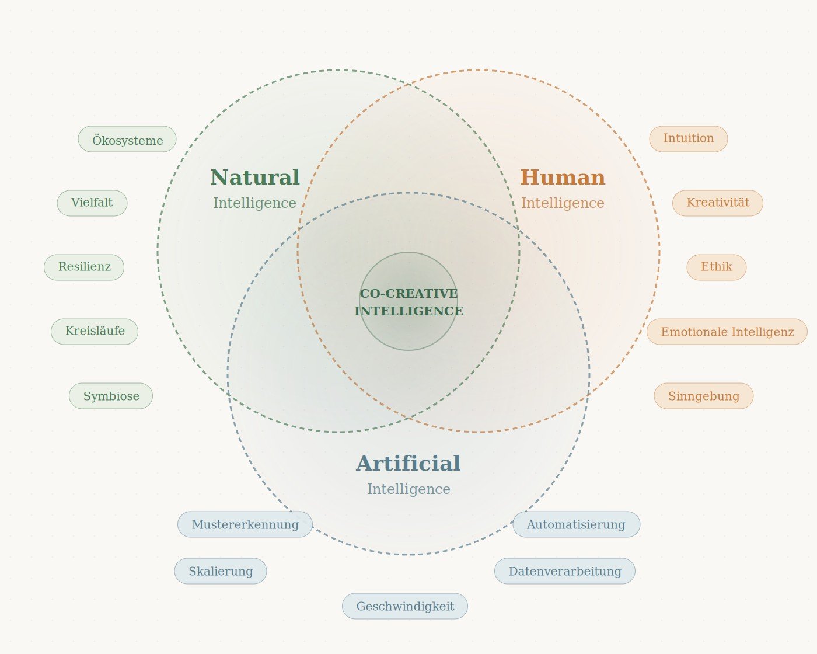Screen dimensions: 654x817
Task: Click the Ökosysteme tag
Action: tap(127, 140)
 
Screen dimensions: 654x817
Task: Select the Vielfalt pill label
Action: tap(92, 203)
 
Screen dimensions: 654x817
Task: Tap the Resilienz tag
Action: tap(84, 267)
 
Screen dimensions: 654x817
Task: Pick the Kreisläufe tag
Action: tap(95, 332)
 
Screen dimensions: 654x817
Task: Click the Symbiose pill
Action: tap(111, 396)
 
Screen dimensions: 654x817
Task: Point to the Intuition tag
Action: tap(689, 139)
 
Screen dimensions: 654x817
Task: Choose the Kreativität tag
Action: tap(718, 203)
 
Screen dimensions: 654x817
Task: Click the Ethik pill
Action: tap(717, 267)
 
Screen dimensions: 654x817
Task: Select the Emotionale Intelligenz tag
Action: tap(727, 332)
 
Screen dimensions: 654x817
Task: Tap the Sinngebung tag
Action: tap(704, 396)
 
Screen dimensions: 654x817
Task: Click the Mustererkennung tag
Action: tap(245, 524)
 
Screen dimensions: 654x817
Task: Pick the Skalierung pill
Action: tap(221, 571)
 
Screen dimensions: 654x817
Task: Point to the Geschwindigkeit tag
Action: tap(405, 606)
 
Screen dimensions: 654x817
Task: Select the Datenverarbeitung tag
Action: tap(565, 571)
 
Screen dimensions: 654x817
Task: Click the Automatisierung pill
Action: tap(577, 524)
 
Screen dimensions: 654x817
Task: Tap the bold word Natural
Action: tap(255, 178)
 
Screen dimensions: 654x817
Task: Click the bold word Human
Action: tap(563, 178)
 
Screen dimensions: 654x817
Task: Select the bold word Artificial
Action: tap(408, 464)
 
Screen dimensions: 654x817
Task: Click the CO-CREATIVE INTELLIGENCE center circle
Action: tap(408, 301)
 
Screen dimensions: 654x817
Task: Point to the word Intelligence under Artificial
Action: tap(408, 489)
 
